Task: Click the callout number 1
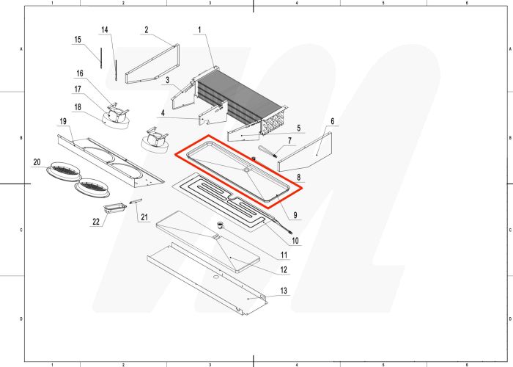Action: click(198, 29)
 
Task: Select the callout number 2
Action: click(146, 29)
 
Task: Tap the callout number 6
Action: click(332, 120)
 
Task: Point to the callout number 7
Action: click(289, 140)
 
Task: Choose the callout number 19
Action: click(63, 120)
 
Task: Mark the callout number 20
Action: click(36, 161)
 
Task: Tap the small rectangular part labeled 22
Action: click(114, 210)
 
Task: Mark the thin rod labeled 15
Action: click(97, 55)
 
